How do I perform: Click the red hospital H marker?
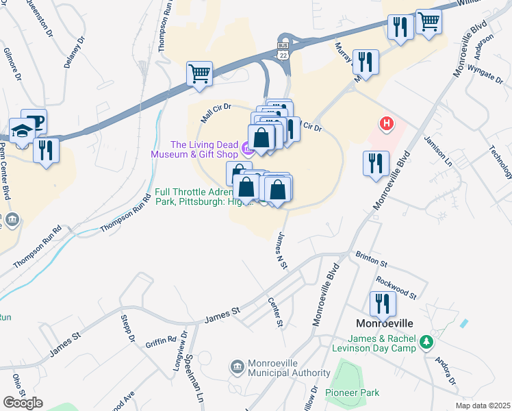click(387, 124)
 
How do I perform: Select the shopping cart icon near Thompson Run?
click(199, 73)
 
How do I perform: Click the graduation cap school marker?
click(23, 130)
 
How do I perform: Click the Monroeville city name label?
click(384, 323)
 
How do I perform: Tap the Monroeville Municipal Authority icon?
click(238, 367)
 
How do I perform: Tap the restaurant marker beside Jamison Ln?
click(376, 164)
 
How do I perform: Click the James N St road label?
click(280, 250)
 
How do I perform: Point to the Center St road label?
click(275, 312)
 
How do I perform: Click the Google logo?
click(23, 403)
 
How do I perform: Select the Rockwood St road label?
click(396, 287)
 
